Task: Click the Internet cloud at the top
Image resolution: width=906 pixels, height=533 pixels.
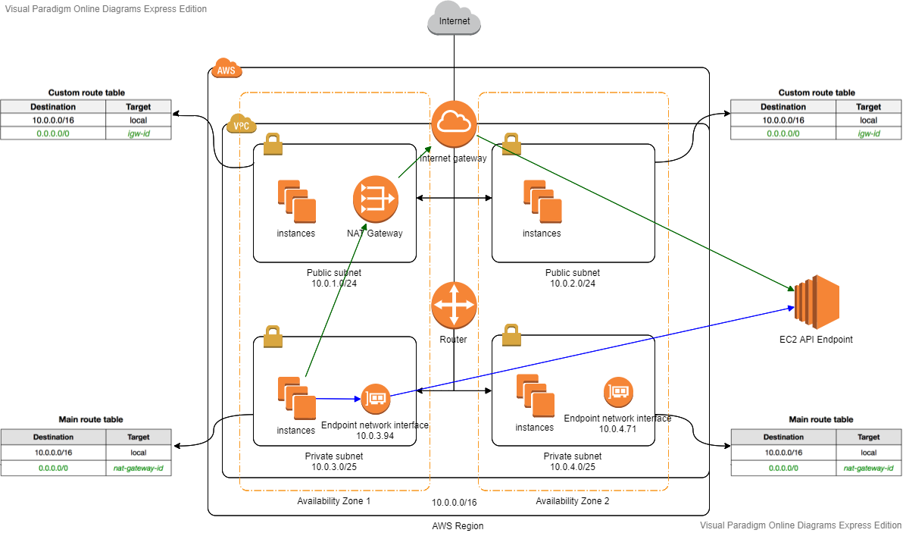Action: coord(455,18)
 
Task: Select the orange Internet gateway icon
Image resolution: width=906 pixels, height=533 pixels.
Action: coord(455,124)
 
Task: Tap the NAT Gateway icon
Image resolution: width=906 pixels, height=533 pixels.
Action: coord(376,199)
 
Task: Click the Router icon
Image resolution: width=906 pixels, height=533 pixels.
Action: coord(455,306)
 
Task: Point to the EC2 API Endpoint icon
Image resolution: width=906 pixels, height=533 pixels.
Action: coord(817,298)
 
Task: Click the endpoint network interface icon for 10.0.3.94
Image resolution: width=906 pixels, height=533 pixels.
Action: coord(376,399)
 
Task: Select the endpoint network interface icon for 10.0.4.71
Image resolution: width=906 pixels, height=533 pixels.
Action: coord(618,392)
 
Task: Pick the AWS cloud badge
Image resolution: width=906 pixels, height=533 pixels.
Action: coord(227,68)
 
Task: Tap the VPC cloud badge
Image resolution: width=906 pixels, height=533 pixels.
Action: coord(242,124)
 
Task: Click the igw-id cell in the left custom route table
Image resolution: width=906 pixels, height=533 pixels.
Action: coord(139,133)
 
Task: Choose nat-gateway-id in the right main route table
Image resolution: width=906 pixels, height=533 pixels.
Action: coord(868,469)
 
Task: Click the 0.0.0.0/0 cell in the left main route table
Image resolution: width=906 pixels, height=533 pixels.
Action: coord(53,469)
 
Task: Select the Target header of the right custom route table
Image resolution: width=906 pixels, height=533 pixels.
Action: coord(868,107)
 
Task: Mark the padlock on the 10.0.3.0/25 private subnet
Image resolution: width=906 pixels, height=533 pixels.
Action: coord(273,337)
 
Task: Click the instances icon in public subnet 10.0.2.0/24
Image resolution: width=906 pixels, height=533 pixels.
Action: coord(542,202)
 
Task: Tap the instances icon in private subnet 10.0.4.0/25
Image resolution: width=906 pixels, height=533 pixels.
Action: coord(536,396)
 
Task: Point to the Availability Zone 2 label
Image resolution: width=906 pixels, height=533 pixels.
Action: coord(572,501)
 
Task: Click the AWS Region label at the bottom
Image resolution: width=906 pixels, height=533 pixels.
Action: coord(458,526)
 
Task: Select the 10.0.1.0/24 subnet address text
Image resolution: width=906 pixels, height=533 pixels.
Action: coord(334,284)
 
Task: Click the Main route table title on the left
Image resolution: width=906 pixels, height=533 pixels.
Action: coord(91,420)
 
